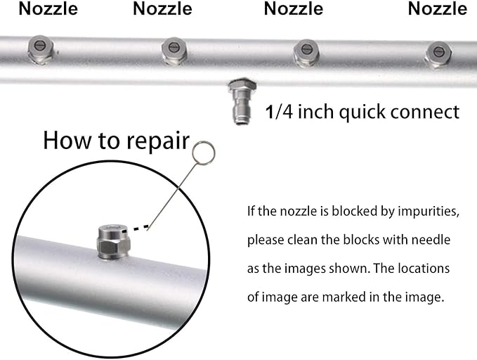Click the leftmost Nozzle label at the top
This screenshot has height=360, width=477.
tap(48, 9)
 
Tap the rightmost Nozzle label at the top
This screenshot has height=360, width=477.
tap(437, 9)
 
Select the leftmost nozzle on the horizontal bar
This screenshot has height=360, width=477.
tap(39, 50)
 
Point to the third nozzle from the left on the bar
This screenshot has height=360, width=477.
tap(306, 51)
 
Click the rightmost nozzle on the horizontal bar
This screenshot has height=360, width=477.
tap(438, 52)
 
